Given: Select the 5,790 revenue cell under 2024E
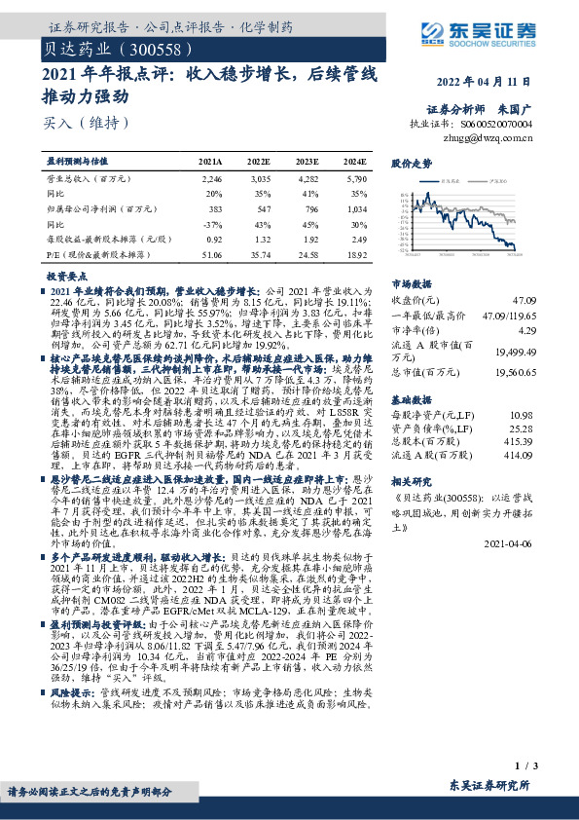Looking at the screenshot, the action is [x=355, y=179].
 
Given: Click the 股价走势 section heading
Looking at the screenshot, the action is [x=410, y=166].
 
